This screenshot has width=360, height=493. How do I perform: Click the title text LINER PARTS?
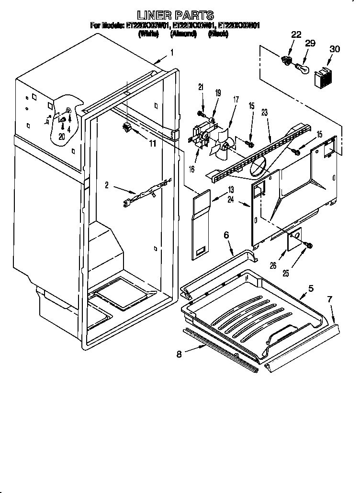[x=176, y=15]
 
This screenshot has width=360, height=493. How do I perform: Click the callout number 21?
[x=202, y=87]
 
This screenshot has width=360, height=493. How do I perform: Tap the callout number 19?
[x=218, y=93]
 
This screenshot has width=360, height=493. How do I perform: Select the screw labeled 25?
[x=309, y=246]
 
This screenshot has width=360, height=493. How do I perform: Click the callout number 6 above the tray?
[x=226, y=235]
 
